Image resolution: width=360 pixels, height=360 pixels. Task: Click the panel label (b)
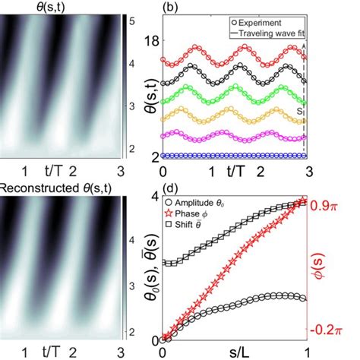pos(171,9)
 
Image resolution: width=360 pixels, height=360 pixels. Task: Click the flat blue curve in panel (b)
pos(228,156)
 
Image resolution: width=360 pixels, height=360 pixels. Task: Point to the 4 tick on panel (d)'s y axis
pos(155,197)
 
